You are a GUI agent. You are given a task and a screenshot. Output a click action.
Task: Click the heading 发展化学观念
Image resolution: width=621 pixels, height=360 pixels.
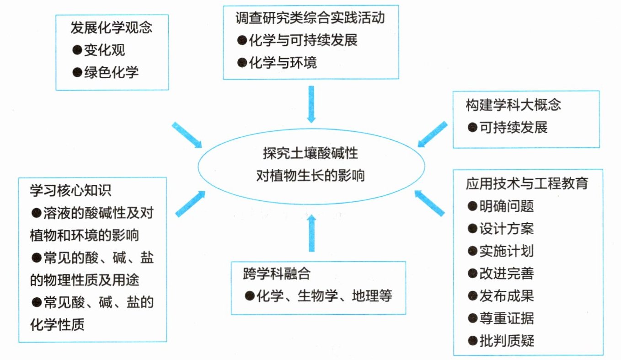click(112, 28)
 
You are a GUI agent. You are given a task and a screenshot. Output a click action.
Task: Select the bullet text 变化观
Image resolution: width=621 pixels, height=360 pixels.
click(104, 50)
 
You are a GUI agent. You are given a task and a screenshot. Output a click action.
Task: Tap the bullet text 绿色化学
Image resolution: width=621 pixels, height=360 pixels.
click(111, 72)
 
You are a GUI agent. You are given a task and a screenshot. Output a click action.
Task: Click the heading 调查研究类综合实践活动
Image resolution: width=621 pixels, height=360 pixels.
click(310, 18)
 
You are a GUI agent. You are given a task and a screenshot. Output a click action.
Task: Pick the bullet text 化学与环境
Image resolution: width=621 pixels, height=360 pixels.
click(283, 62)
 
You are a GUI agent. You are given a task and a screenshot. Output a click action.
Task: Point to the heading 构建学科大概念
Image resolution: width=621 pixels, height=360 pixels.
click(514, 105)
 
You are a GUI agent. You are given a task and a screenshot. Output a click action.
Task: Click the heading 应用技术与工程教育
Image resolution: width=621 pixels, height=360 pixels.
click(527, 183)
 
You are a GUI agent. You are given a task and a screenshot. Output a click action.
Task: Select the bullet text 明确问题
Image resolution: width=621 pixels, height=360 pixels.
click(507, 206)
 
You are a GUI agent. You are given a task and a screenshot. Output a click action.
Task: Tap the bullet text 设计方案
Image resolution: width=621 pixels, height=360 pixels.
click(507, 229)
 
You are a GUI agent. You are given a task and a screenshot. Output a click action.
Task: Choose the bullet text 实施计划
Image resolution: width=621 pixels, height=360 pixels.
click(507, 251)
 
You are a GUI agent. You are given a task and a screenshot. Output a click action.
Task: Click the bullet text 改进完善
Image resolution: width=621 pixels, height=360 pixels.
click(507, 274)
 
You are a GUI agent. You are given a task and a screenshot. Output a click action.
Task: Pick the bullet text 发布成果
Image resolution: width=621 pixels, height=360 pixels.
click(507, 296)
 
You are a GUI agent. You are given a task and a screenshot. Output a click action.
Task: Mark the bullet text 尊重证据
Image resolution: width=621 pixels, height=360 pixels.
click(507, 318)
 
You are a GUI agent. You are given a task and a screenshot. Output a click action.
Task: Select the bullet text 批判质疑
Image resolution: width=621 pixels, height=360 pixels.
click(507, 341)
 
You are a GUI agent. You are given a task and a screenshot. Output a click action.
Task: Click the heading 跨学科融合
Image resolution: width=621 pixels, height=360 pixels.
click(277, 274)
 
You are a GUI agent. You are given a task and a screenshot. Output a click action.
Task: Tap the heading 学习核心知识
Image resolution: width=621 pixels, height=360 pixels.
click(71, 191)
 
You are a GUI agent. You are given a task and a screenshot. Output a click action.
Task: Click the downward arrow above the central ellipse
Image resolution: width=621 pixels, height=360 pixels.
click(311, 104)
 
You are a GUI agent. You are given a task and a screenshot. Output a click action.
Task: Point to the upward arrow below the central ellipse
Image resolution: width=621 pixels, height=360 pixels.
click(311, 233)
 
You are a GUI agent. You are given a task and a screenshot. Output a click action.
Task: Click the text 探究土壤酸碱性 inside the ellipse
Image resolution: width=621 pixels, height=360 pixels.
click(310, 153)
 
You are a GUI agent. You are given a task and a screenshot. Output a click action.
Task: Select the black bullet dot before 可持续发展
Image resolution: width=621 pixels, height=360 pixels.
click(472, 128)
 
